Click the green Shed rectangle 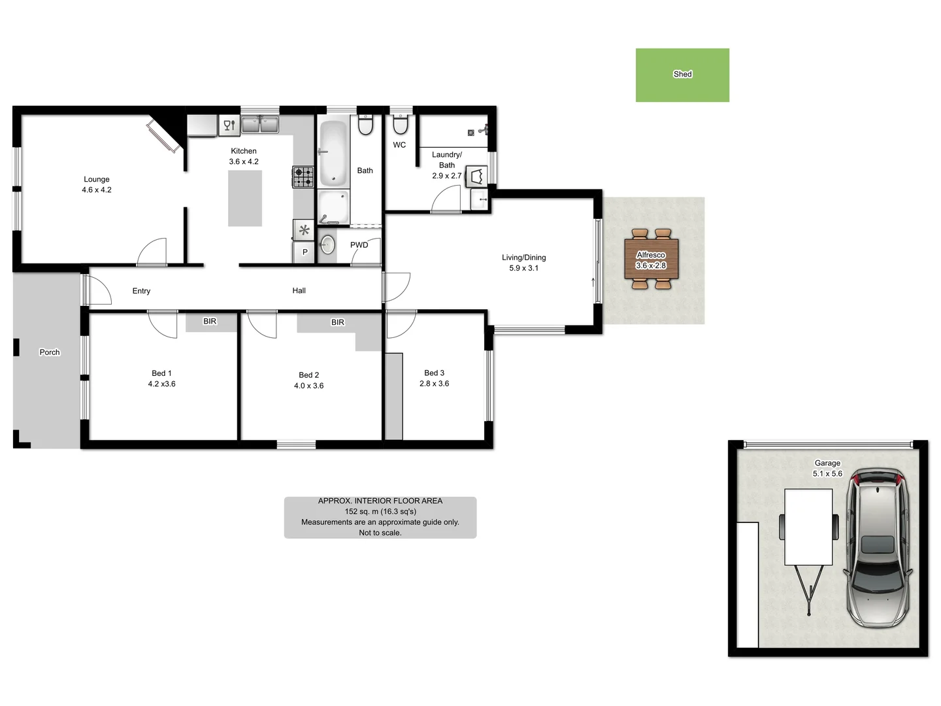(x=682, y=75)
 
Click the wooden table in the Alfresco (x=651, y=260)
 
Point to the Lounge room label (x=97, y=179)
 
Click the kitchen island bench (x=245, y=198)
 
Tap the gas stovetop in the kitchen (x=303, y=176)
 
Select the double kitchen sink (x=260, y=124)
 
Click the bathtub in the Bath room (x=333, y=152)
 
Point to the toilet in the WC (x=400, y=124)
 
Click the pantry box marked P (x=305, y=252)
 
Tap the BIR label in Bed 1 (x=210, y=322)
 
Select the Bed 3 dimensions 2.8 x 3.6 (x=434, y=384)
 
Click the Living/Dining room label (x=523, y=258)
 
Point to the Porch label (x=50, y=352)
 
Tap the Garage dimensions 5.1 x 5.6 (x=827, y=474)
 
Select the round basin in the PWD (x=328, y=244)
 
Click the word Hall (x=299, y=291)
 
